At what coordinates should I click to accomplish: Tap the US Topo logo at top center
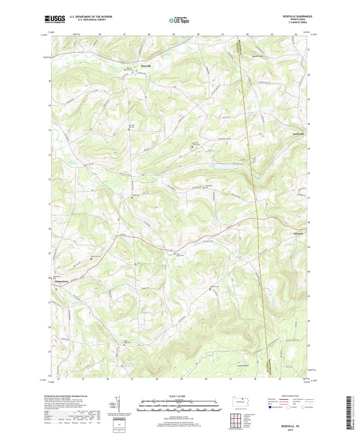tap(178, 20)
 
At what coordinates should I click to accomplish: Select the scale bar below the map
tap(179, 407)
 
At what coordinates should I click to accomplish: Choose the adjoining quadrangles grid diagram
tap(239, 422)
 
